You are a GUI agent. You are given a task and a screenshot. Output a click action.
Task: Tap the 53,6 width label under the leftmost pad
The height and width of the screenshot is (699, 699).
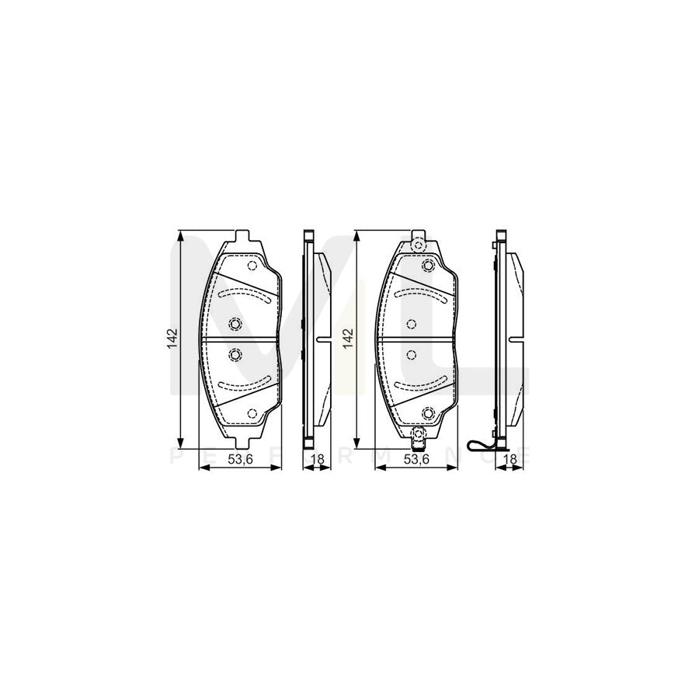tap(240, 460)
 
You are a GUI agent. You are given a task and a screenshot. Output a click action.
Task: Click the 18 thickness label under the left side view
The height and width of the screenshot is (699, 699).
tap(317, 460)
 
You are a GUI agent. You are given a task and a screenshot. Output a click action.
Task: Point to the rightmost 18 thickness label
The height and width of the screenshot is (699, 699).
tap(509, 460)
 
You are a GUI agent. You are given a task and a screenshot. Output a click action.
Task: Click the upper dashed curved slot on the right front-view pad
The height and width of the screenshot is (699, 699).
tap(419, 294)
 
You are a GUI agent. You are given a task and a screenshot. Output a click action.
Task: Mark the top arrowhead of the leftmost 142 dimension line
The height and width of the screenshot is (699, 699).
tap(181, 235)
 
